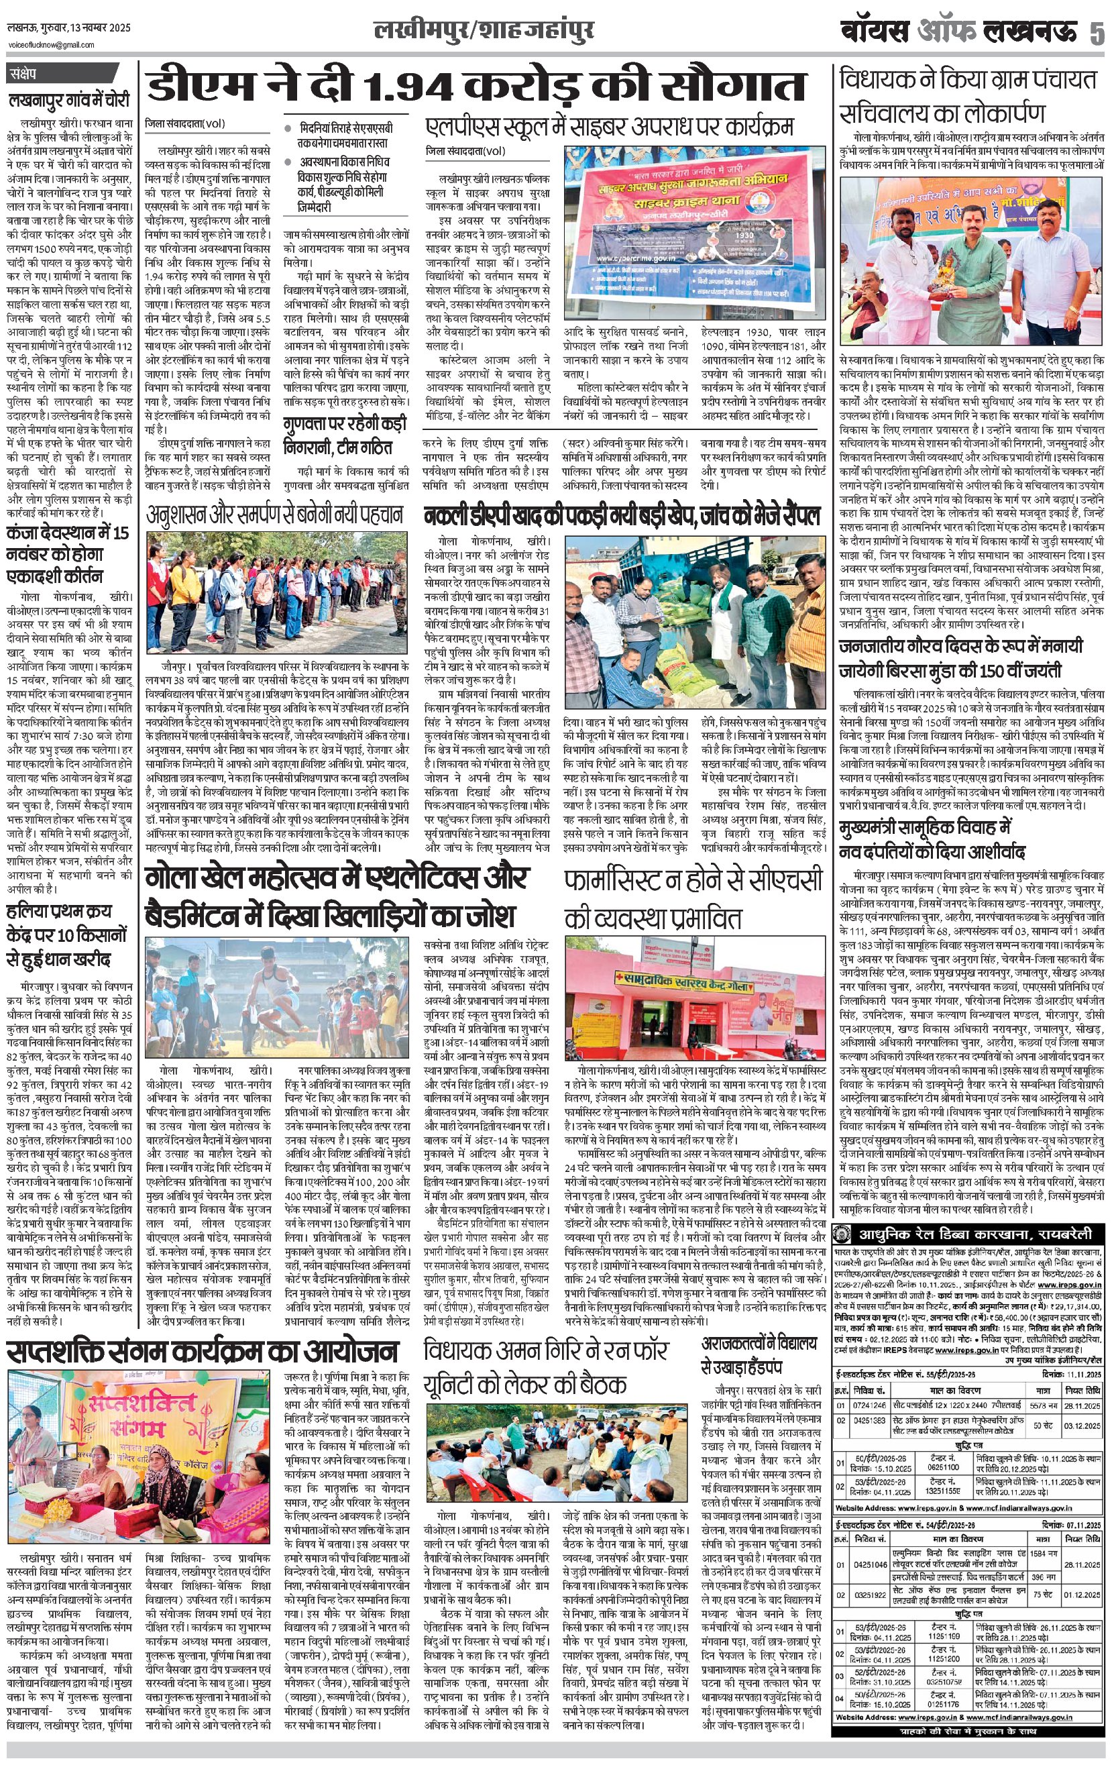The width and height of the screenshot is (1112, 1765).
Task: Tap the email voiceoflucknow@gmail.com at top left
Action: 52,45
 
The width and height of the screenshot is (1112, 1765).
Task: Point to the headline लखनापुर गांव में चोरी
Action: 69,100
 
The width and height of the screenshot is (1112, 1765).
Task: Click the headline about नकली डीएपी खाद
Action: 622,517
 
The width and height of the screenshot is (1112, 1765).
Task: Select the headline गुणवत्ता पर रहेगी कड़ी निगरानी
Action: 345,435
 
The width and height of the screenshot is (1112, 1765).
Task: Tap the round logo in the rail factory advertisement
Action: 845,1234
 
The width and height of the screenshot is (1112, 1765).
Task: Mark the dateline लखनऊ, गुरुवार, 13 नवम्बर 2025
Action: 69,29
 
